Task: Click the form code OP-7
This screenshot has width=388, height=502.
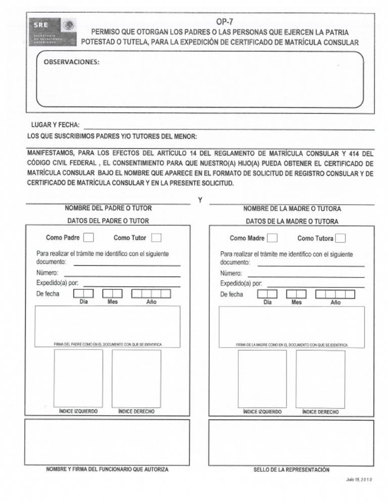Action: pyautogui.click(x=224, y=22)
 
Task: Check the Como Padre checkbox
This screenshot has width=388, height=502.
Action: pyautogui.click(x=88, y=238)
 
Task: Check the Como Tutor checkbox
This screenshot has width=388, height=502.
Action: pyautogui.click(x=157, y=238)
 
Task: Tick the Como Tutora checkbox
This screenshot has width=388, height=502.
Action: pyautogui.click(x=341, y=238)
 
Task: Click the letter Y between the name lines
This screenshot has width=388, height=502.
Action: pyautogui.click(x=200, y=201)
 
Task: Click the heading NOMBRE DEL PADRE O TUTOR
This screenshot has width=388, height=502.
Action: pyautogui.click(x=108, y=208)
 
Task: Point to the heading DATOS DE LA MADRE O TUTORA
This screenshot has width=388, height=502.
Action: pyautogui.click(x=292, y=221)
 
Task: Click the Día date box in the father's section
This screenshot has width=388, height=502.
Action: pyautogui.click(x=83, y=293)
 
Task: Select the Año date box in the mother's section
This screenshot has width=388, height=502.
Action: pyautogui.click(x=335, y=294)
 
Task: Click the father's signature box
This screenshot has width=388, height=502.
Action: pyautogui.click(x=107, y=324)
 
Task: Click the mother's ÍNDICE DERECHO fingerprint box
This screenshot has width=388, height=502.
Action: pyautogui.click(x=320, y=378)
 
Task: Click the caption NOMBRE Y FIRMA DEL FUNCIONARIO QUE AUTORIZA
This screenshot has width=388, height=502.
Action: pyautogui.click(x=107, y=470)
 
